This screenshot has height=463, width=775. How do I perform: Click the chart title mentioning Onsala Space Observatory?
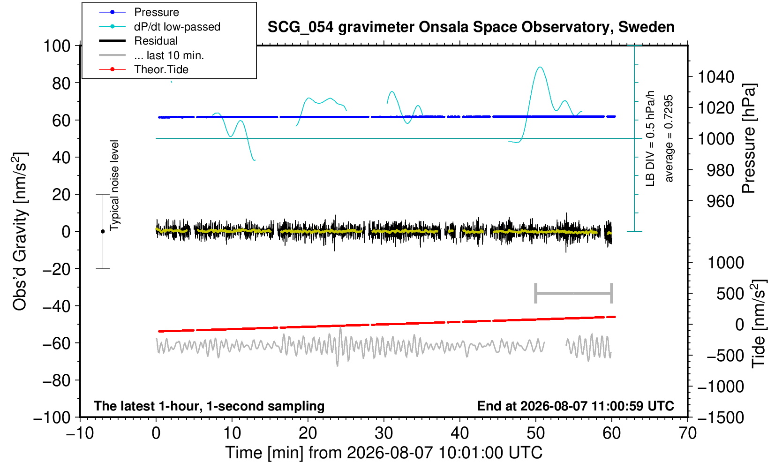tap(471, 27)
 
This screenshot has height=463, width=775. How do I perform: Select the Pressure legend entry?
tap(157, 13)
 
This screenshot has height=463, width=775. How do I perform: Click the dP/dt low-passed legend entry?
tap(177, 27)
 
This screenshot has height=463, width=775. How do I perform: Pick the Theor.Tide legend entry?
tap(161, 69)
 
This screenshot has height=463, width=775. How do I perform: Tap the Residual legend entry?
tap(156, 41)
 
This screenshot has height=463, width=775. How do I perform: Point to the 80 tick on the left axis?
tap(61, 83)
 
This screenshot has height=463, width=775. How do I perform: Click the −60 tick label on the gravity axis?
tap(56, 343)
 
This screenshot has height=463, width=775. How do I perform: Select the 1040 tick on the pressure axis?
tap(716, 76)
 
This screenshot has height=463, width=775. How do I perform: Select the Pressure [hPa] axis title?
tap(749, 138)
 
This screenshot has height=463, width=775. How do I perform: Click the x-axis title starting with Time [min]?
tap(384, 453)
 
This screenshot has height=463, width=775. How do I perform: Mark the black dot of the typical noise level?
tap(103, 231)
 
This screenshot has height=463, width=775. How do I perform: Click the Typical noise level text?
tap(114, 185)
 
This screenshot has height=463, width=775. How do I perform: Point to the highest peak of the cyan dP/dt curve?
tap(540, 67)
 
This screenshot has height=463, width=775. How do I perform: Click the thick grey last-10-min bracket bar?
tap(574, 293)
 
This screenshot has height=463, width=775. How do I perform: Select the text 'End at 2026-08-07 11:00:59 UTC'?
tap(575, 406)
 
